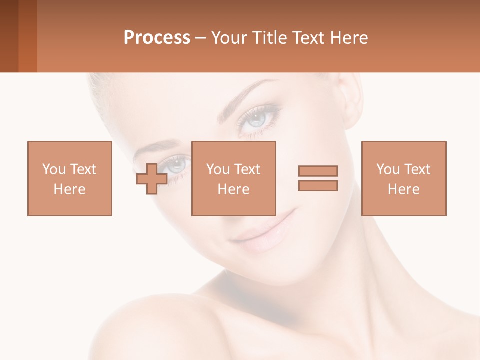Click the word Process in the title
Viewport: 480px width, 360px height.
click(x=157, y=38)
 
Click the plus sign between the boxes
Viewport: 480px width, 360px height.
click(x=152, y=179)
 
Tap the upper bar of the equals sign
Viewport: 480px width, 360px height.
click(x=318, y=171)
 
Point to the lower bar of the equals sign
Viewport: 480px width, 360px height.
click(x=318, y=186)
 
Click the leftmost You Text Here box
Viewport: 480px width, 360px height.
click(x=69, y=178)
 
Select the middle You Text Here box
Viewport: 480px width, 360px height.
click(x=233, y=178)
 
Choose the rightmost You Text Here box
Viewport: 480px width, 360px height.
click(x=403, y=178)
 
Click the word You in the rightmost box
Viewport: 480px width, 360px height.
click(x=387, y=169)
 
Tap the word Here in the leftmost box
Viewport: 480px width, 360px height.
click(x=69, y=189)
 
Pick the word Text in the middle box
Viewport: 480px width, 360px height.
click(x=247, y=169)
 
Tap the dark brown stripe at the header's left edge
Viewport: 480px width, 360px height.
click(x=9, y=36)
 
